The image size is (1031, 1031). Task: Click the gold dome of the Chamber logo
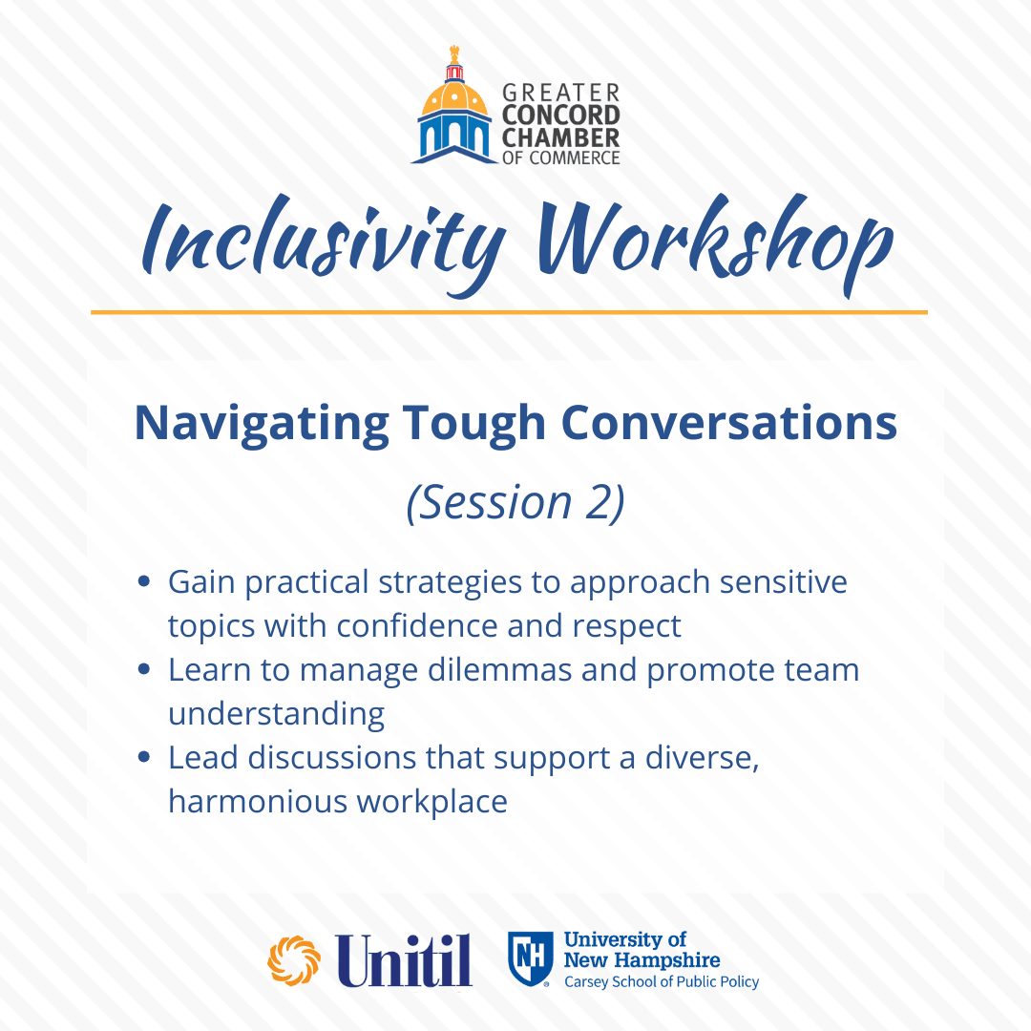pos(454,97)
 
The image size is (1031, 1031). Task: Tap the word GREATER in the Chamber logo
pos(561,93)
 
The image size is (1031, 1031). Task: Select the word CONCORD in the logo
pos(561,116)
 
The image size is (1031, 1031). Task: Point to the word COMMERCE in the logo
pos(575,158)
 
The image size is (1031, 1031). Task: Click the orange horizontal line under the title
pos(509,312)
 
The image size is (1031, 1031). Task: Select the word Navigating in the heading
pos(262,424)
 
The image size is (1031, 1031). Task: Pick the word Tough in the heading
pos(474,424)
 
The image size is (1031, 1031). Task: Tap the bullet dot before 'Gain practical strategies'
pos(144,582)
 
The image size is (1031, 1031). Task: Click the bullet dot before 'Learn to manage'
pos(144,669)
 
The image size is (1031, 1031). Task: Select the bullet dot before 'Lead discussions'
pos(144,757)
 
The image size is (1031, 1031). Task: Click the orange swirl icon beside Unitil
pos(294,960)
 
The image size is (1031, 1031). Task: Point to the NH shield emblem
pos(529,958)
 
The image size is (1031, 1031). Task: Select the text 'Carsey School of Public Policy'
pos(662,981)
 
